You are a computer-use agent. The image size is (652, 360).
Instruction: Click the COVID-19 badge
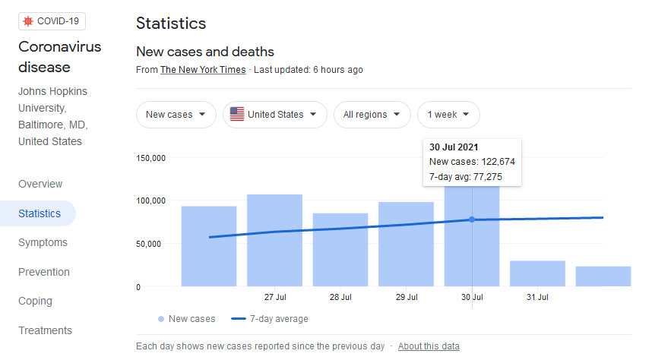pos(52,21)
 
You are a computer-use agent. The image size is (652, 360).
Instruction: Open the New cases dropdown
pos(176,115)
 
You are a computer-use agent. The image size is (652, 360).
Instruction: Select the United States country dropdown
pos(275,115)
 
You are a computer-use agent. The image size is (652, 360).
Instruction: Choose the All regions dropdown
pos(372,115)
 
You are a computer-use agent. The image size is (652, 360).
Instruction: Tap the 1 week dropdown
pos(448,115)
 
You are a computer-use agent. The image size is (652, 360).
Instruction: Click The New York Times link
pos(203,70)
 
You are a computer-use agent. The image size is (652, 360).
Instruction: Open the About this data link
pos(429,346)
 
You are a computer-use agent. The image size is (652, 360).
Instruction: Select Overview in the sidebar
pos(40,184)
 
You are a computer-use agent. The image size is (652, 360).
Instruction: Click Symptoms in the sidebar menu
pos(43,242)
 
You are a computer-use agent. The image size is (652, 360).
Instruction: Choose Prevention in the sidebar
pos(44,272)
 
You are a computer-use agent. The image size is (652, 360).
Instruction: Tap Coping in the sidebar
pos(36,301)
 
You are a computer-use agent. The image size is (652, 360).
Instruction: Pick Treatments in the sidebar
pos(46,330)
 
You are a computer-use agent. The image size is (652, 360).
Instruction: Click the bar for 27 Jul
pos(274,240)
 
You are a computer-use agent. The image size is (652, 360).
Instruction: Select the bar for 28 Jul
pos(340,250)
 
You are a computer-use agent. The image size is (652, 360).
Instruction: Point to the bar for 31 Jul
pos(537,273)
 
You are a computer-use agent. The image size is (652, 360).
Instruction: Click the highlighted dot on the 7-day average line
pos(472,219)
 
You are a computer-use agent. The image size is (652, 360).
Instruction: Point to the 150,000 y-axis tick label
pos(150,158)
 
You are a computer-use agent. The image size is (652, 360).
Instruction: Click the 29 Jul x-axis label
pos(407,297)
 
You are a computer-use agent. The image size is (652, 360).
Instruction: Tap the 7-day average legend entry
pos(270,319)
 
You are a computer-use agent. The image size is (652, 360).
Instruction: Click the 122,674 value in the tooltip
pos(498,162)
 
